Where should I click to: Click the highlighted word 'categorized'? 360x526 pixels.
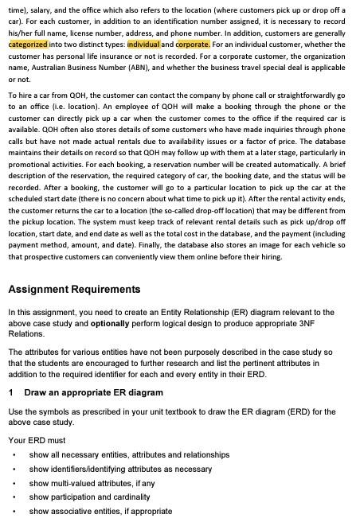28,45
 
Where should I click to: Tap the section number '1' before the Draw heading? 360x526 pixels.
11,392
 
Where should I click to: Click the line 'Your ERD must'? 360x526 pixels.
37,439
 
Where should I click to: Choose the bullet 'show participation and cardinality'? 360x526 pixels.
100,497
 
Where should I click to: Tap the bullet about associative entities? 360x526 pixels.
100,512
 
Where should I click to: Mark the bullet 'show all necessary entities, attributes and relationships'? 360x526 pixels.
129,454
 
